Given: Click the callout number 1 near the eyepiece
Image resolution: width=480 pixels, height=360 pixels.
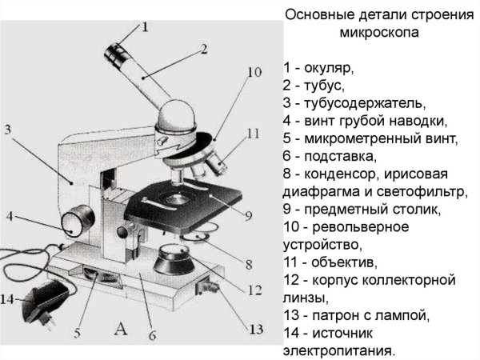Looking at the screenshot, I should point(144,26).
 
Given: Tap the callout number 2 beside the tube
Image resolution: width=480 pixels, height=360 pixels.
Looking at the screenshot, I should point(203,49).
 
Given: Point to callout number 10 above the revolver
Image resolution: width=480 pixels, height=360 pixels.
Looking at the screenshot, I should point(253,72).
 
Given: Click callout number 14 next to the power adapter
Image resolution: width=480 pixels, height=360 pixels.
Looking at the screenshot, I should point(8,299).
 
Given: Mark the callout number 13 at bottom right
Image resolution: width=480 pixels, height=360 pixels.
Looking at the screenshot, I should point(254,329).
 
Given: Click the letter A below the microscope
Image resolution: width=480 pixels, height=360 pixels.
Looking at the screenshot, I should point(122,327).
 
